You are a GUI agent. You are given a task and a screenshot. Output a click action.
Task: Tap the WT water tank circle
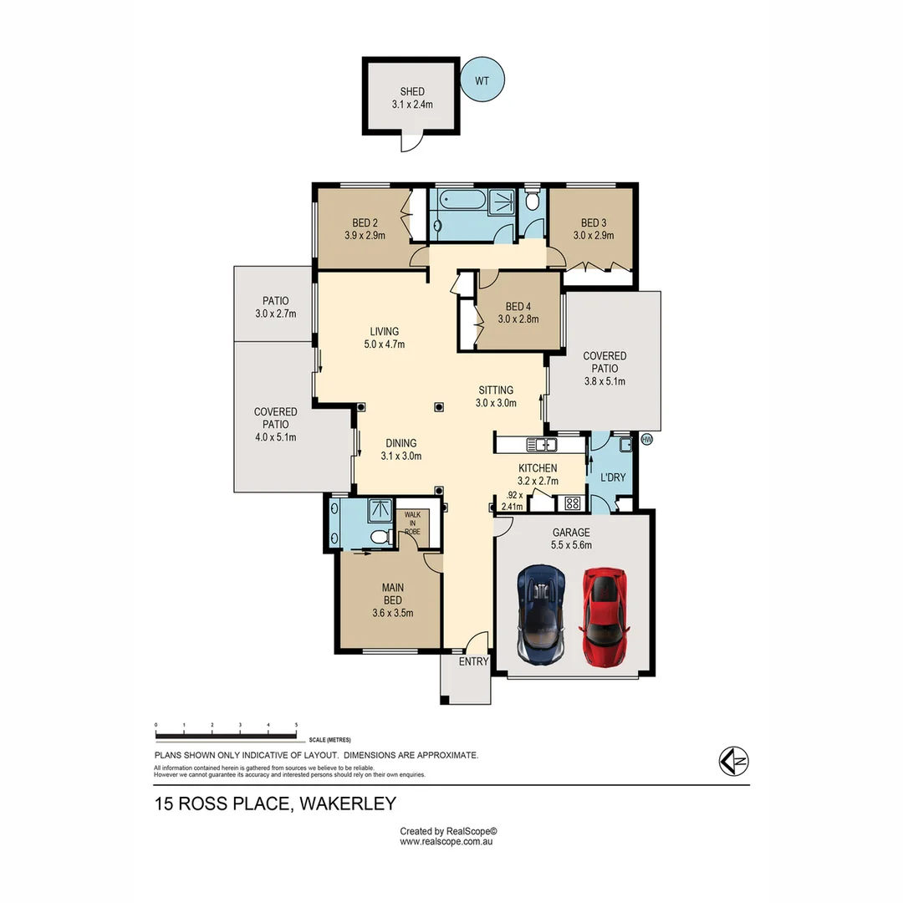(482, 80)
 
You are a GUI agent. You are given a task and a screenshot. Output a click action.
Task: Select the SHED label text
(411, 92)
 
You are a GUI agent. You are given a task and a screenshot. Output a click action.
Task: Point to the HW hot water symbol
(645, 438)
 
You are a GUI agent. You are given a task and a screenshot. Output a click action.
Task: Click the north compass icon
(733, 760)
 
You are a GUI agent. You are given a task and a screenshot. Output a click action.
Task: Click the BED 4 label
(518, 306)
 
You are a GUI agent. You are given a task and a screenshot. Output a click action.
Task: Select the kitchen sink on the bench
(543, 444)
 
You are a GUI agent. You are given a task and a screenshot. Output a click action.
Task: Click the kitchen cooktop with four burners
(574, 503)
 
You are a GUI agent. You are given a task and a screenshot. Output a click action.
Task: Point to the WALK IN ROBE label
(412, 523)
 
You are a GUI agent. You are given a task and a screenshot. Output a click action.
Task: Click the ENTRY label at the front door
(473, 661)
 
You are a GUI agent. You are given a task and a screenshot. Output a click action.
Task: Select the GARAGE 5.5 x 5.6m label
(572, 538)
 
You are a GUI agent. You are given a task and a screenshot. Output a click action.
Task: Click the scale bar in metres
(226, 736)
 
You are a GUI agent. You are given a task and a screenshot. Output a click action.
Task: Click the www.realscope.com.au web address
(448, 842)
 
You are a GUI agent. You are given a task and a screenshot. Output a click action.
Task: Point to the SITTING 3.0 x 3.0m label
(496, 396)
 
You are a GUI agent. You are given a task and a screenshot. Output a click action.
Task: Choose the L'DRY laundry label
(613, 477)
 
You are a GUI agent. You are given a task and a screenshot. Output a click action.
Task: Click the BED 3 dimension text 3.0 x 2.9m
(593, 235)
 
